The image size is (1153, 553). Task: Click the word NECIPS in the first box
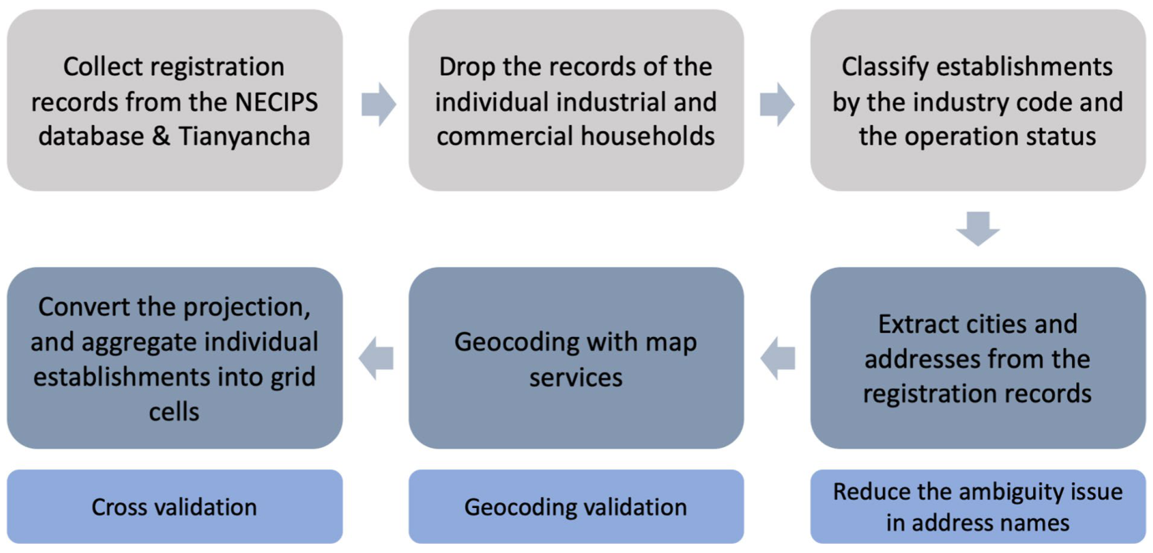tap(277, 102)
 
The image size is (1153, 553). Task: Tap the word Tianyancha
tap(244, 137)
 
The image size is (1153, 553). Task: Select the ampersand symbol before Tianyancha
tap(161, 137)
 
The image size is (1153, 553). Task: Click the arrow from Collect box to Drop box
tap(378, 104)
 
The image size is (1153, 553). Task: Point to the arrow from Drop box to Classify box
tap(777, 104)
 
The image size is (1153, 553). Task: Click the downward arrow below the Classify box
tap(978, 229)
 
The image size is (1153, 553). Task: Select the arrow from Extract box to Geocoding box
tap(778, 359)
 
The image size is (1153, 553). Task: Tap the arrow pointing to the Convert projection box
tap(376, 359)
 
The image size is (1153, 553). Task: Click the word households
tap(648, 137)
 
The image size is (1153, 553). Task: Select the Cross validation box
tap(174, 506)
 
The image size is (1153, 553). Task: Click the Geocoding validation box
tap(576, 506)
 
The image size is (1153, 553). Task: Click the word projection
tap(247, 308)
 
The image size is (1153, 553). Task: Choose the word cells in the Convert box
tap(174, 412)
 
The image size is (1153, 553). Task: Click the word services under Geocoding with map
tap(576, 378)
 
